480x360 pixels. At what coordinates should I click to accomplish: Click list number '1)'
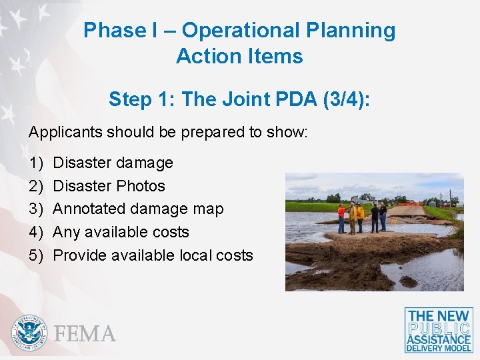tap(35, 163)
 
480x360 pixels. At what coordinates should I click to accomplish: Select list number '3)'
tap(35, 209)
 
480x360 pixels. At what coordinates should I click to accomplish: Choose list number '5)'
tap(35, 255)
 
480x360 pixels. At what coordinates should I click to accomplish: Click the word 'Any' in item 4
tap(65, 232)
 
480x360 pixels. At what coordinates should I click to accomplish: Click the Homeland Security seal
tap(30, 332)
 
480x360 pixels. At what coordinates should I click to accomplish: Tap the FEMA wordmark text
tap(85, 333)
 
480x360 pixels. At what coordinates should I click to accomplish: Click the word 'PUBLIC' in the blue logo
tap(439, 328)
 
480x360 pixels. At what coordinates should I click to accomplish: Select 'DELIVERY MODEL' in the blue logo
tap(439, 347)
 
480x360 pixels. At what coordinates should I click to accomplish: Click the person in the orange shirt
tap(342, 217)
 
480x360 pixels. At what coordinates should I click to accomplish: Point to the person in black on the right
tap(383, 216)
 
